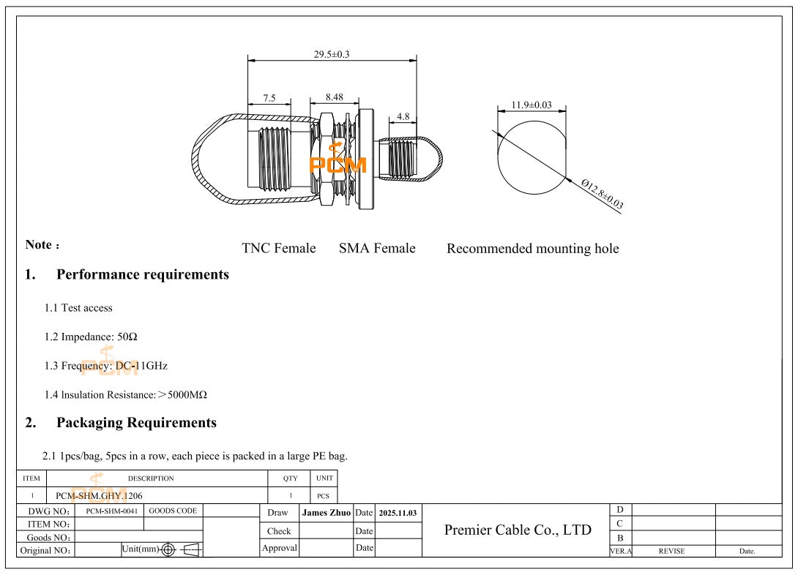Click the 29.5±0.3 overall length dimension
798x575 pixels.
click(x=332, y=54)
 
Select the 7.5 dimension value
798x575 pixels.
click(x=269, y=98)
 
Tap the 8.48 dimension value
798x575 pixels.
click(x=333, y=97)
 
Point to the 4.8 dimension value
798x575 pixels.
click(x=403, y=116)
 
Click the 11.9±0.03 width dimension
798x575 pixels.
click(x=532, y=105)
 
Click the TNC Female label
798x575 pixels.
click(x=279, y=249)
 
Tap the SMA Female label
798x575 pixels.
click(x=377, y=249)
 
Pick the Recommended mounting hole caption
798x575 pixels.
click(x=532, y=249)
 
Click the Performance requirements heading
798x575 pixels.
click(x=142, y=275)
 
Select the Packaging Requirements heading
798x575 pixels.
click(x=136, y=423)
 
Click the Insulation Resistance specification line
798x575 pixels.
click(x=125, y=395)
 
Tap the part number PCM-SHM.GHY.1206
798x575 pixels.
click(x=99, y=496)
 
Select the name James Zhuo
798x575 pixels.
click(x=326, y=513)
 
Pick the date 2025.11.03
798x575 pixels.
click(x=398, y=514)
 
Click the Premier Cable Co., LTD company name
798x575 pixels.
click(x=518, y=530)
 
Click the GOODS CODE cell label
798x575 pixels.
click(x=173, y=511)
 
